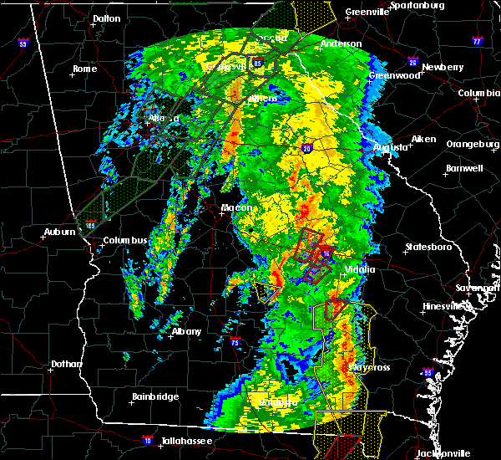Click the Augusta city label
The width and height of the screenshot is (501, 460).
click(x=390, y=147)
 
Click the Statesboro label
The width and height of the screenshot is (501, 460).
click(x=427, y=248)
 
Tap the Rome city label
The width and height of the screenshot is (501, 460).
click(x=86, y=69)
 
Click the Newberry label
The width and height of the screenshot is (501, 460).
click(x=442, y=67)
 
